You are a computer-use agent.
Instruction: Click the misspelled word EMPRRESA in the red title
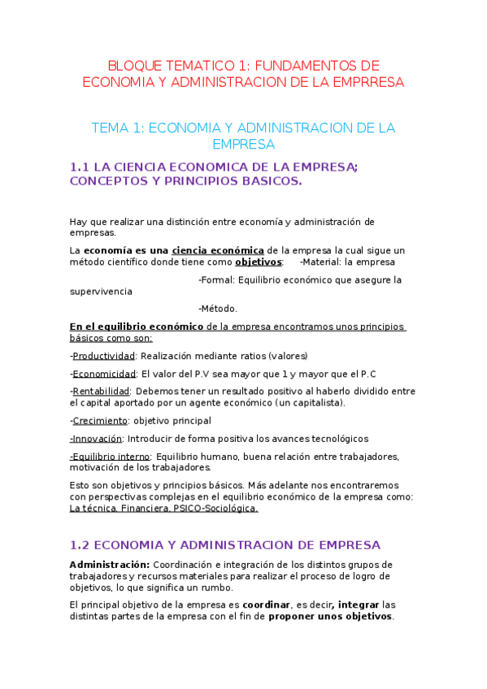click(365, 82)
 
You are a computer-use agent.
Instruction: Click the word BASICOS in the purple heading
click(271, 181)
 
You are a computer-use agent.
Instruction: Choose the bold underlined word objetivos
click(259, 262)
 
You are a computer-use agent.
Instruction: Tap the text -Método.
click(218, 308)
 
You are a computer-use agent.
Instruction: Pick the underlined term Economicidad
click(104, 374)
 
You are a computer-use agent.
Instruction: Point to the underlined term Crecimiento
click(100, 420)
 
